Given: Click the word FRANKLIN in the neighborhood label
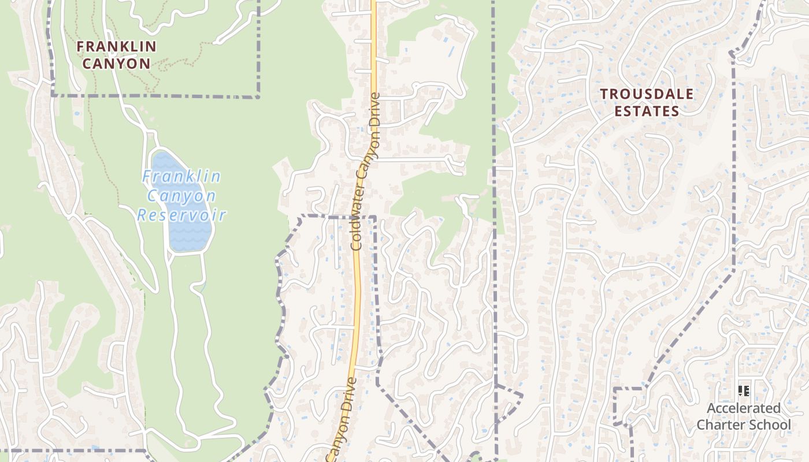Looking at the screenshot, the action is coord(116,46).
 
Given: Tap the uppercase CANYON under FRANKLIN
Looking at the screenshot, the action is coord(116,63).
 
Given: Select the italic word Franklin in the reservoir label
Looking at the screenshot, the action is coord(181,176).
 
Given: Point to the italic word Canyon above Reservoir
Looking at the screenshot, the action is coord(181,196).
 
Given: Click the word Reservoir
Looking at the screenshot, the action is coord(181,215).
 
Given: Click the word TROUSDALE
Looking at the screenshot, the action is coord(646,94).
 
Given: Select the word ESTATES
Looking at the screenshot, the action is coord(646,111).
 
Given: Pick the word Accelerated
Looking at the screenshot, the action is coord(743,408).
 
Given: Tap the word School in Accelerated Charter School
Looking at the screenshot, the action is coord(771,425).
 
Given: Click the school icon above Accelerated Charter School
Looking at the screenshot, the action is coord(744,391).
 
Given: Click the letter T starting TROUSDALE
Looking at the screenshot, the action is coord(604,94).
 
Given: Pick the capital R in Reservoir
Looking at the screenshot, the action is coord(142,216).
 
